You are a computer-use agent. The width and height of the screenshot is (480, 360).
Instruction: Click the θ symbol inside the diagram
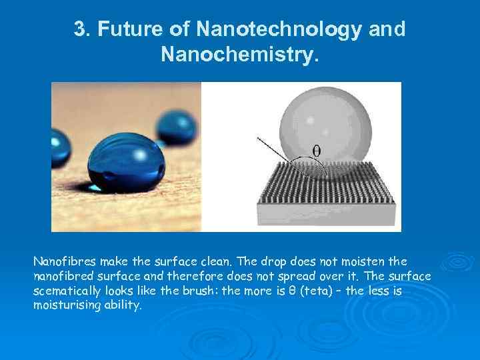click(315, 151)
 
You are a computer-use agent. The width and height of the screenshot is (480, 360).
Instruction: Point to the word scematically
click(67, 291)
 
